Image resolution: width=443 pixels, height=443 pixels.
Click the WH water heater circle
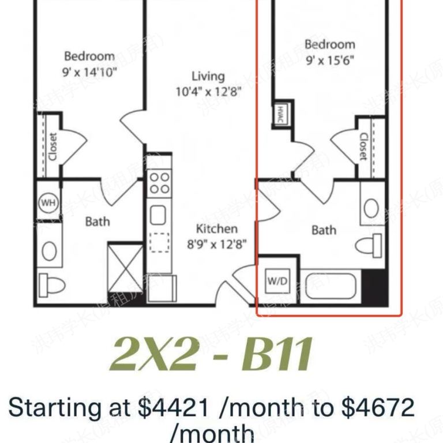[x=47, y=202]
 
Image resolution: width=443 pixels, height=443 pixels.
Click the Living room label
[x=208, y=76]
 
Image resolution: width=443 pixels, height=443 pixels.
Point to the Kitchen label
[x=216, y=228]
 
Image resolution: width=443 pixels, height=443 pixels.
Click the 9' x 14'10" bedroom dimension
[x=89, y=72]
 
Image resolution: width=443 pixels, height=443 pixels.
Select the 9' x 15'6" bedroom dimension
[x=329, y=59]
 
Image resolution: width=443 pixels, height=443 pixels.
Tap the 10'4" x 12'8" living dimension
[x=208, y=91]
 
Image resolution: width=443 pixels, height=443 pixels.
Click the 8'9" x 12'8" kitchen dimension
[x=217, y=243]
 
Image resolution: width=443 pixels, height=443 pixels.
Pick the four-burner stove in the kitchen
[x=159, y=183]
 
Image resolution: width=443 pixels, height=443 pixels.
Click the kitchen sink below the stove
[x=157, y=215]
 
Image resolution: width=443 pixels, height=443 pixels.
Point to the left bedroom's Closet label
[x=52, y=148]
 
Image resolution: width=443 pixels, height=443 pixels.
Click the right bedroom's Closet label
[x=363, y=147]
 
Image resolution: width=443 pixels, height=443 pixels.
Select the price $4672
[x=378, y=408]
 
